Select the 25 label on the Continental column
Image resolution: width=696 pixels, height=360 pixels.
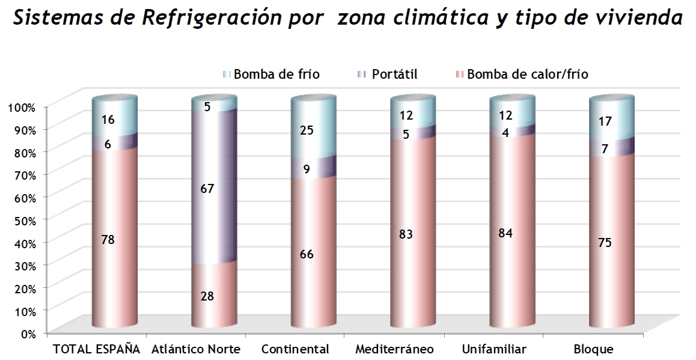pyautogui.click(x=307, y=130)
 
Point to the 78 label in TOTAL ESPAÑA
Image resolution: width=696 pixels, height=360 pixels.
pyautogui.click(x=108, y=240)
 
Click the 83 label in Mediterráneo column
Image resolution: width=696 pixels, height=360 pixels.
pyautogui.click(x=406, y=234)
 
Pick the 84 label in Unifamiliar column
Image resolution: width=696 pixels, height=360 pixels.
pyautogui.click(x=506, y=233)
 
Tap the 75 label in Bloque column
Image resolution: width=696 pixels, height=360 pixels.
pyautogui.click(x=605, y=242)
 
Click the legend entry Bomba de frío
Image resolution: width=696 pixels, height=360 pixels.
pyautogui.click(x=276, y=75)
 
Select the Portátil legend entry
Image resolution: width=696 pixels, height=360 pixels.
pyautogui.click(x=394, y=75)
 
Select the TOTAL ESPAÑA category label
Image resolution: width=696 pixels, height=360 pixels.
pyautogui.click(x=97, y=349)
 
